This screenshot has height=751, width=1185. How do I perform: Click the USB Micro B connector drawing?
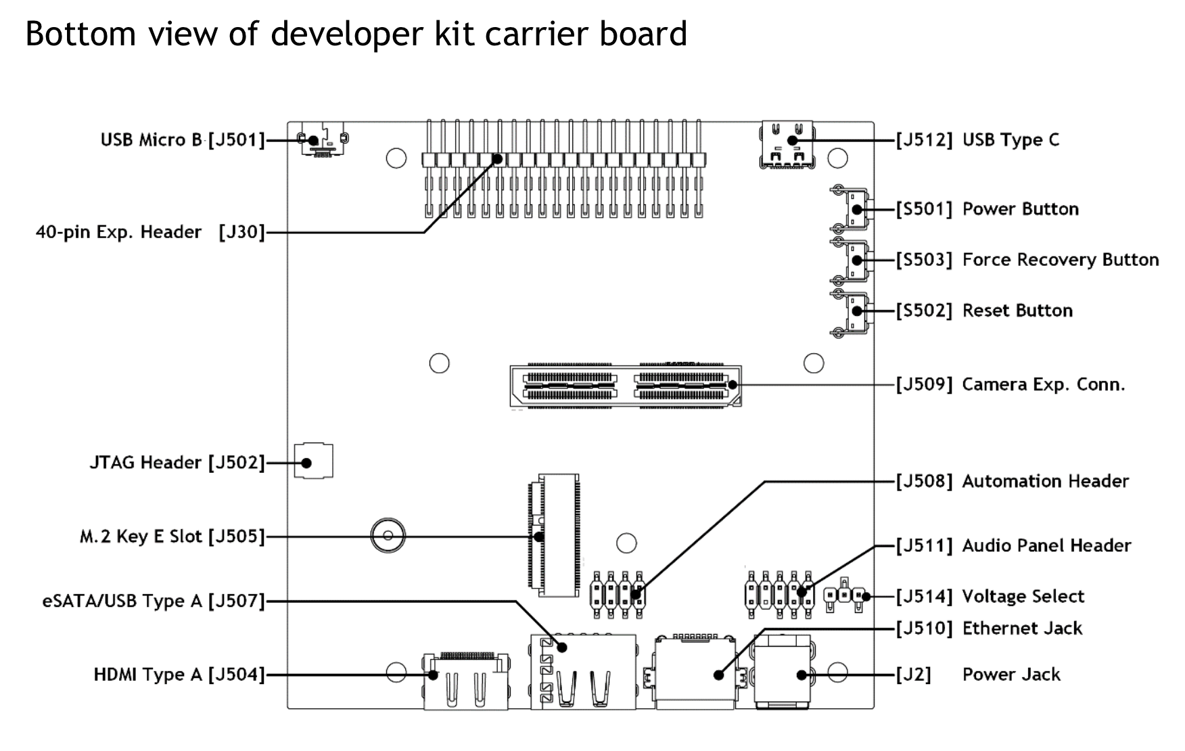323,140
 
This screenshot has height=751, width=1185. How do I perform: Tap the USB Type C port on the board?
787,144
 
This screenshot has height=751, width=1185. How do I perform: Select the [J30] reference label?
241,232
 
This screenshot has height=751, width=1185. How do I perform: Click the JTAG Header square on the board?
313,461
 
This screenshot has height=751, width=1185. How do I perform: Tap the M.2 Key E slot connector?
554,536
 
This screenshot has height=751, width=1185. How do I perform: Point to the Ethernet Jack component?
695,673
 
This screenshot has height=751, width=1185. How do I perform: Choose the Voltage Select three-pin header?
844,596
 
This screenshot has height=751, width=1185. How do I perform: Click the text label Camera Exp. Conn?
1043,384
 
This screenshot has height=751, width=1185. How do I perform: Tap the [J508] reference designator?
924,481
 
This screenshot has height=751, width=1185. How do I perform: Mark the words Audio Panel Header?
1046,545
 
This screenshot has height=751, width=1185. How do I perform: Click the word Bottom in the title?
80,34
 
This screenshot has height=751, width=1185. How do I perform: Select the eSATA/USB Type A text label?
122,601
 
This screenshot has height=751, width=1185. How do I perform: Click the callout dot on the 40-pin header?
498,159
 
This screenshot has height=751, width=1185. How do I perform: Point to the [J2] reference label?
913,675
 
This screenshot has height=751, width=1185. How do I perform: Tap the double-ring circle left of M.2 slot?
388,537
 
